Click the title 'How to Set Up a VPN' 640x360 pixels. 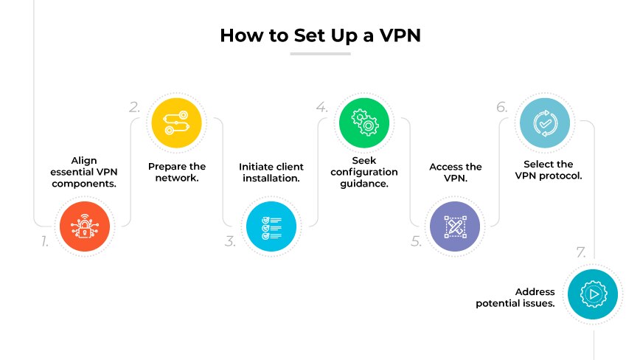[320, 35]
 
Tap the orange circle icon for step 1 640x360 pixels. [84, 226]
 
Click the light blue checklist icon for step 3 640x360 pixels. [271, 226]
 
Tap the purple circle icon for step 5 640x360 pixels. [455, 226]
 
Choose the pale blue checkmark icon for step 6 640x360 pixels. [547, 122]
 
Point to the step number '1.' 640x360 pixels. [44, 241]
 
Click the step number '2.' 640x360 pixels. [134, 107]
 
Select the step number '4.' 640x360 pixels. [321, 107]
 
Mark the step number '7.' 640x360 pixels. [581, 253]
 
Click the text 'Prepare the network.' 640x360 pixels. [177, 173]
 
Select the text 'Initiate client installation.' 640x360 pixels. [271, 173]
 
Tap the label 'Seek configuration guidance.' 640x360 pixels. [364, 172]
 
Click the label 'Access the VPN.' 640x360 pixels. [455, 173]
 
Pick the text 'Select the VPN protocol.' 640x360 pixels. [548, 170]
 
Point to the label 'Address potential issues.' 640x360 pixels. [515, 298]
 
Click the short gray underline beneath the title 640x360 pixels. [320, 54]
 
